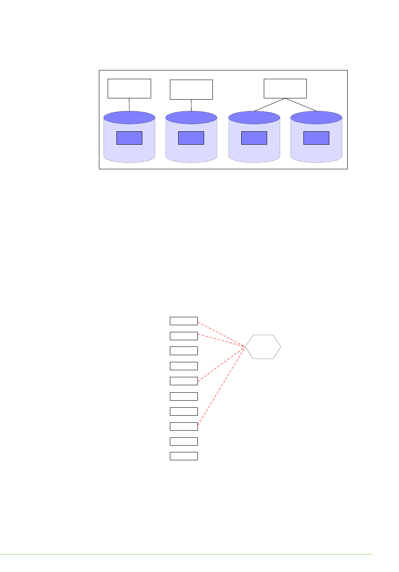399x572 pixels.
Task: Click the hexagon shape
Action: [263, 346]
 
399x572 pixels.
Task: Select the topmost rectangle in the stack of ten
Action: [184, 321]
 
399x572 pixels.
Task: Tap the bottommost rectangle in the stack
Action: [184, 456]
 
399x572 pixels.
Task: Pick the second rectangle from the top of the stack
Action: [184, 336]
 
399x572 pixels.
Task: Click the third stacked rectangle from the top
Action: [184, 351]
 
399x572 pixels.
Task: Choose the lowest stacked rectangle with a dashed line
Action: [184, 426]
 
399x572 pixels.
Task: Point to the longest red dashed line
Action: [221, 386]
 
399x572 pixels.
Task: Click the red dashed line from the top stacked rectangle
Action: [221, 334]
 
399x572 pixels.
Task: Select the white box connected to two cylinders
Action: [285, 88]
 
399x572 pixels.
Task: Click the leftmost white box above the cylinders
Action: [129, 88]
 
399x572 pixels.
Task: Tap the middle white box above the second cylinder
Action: [191, 89]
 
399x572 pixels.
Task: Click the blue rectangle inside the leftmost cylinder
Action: [129, 138]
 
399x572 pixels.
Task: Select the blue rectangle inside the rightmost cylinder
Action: [316, 138]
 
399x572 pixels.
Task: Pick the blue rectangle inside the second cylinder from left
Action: [191, 138]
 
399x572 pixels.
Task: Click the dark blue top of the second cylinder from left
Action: [191, 118]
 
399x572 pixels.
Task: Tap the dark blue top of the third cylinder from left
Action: [254, 118]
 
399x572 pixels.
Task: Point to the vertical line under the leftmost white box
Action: [129, 104]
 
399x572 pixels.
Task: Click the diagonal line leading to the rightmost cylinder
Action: [301, 105]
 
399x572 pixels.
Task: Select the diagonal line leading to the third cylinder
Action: [270, 105]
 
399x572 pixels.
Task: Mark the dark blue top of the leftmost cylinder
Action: [129, 118]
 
